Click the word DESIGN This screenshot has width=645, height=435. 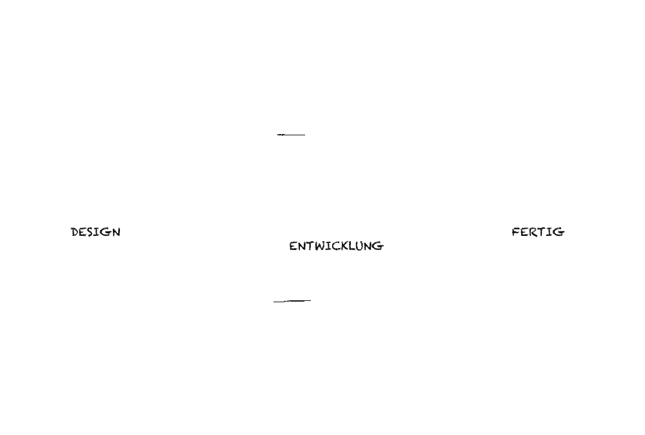96,232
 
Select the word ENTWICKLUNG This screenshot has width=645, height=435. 337,246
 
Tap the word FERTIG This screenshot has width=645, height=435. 538,232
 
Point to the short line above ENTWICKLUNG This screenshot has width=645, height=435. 292,135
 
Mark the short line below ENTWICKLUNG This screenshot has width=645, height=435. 292,301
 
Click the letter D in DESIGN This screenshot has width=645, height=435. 75,232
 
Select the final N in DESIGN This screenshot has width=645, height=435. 116,232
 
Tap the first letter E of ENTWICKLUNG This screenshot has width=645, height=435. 293,246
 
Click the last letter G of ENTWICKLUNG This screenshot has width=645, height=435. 378,246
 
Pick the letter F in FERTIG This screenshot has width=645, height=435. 516,232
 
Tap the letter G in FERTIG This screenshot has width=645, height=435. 559,232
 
